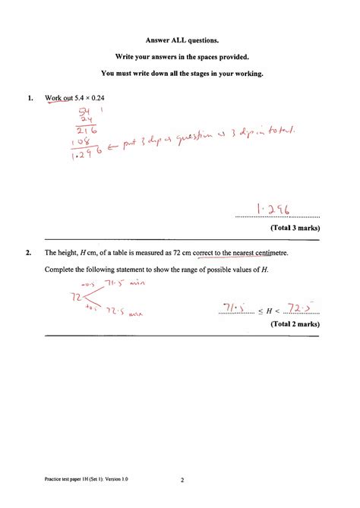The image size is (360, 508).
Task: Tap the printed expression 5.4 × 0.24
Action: (92, 98)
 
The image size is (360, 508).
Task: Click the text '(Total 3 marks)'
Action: (292, 227)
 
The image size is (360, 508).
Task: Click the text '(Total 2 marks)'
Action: (292, 323)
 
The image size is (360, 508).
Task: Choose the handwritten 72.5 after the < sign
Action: (295, 308)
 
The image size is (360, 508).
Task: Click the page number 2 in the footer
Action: (182, 480)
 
